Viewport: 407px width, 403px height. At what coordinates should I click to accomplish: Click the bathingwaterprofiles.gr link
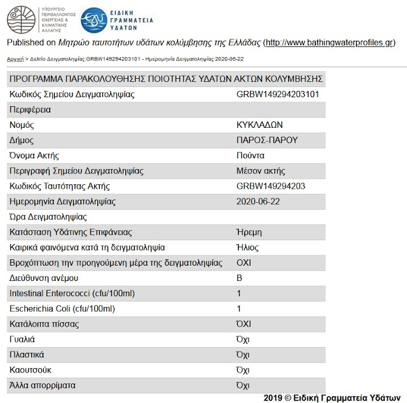[329, 43]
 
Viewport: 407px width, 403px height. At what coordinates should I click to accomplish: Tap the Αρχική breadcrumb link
[15, 58]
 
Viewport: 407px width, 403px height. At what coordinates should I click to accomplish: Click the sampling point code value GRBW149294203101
[277, 95]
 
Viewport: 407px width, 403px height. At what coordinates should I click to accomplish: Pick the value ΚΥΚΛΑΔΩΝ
[259, 125]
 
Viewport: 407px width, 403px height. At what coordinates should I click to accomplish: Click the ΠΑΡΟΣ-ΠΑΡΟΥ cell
[267, 140]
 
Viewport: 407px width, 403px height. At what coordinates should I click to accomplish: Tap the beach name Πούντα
[250, 156]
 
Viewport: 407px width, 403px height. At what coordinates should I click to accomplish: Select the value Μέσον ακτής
[261, 171]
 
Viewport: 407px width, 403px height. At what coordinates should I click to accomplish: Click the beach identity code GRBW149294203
[271, 186]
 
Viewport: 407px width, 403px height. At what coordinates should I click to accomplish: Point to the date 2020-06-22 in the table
[258, 201]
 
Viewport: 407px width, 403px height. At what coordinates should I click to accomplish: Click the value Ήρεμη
[249, 232]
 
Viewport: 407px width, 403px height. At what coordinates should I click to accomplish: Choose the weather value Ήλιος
[247, 247]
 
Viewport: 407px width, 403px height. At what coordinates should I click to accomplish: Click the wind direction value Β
[239, 278]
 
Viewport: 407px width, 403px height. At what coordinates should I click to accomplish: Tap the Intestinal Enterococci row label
[72, 293]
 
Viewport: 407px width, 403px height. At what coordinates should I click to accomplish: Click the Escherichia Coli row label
[62, 308]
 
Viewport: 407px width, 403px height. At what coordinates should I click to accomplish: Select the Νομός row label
[22, 125]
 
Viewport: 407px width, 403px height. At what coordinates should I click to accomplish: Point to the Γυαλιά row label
[22, 339]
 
